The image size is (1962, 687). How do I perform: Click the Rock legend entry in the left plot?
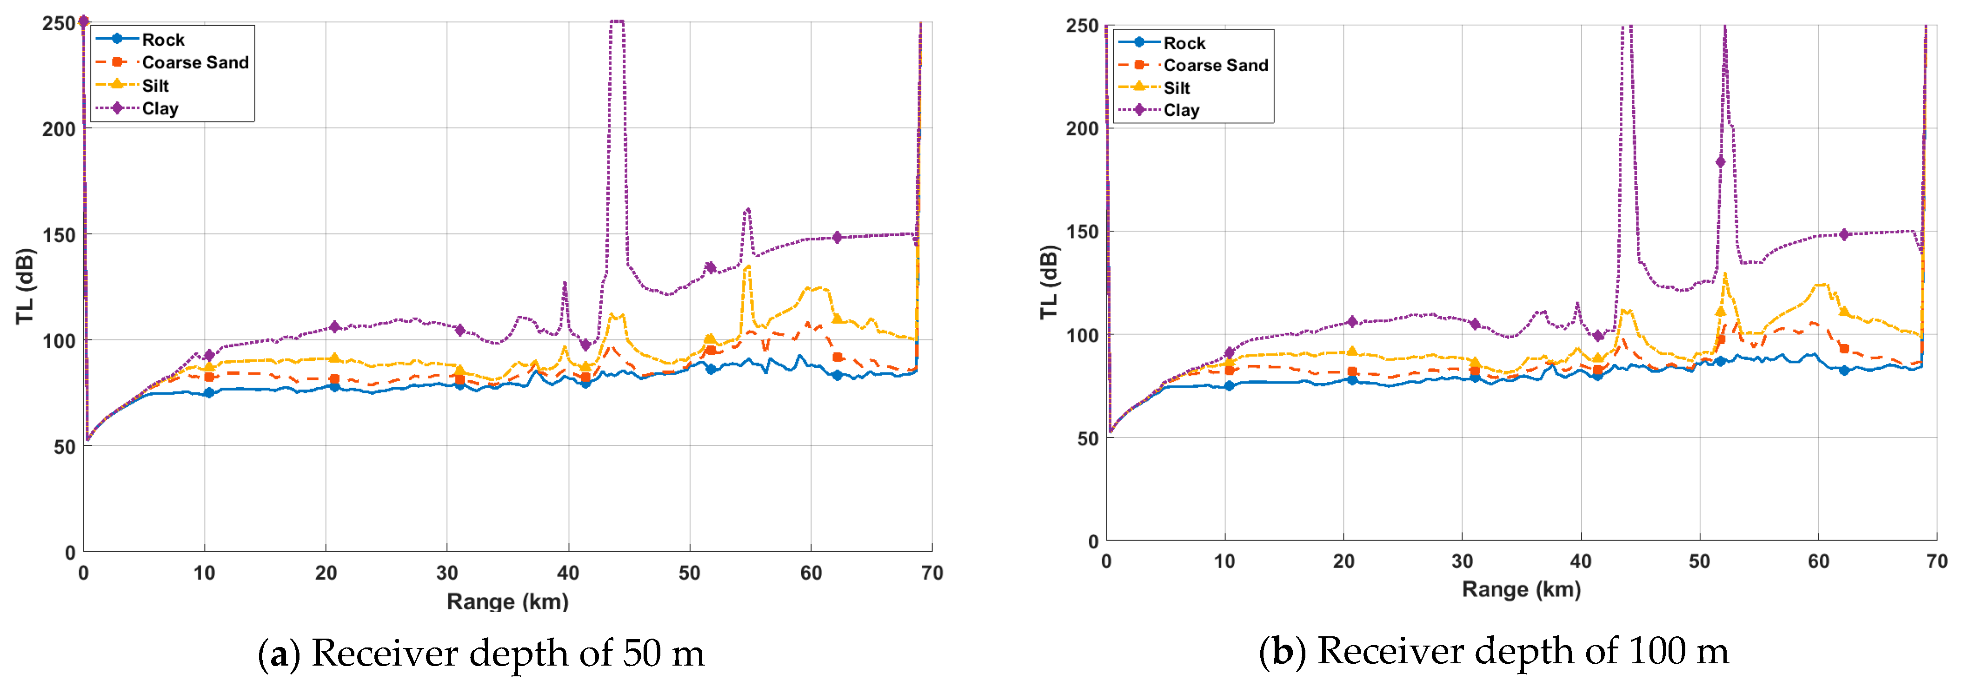162,40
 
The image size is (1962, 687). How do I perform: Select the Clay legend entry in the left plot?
160,109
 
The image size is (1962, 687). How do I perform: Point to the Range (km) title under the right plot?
1521,589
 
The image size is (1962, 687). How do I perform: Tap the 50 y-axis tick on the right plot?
1088,439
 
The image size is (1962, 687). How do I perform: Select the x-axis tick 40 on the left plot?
568,574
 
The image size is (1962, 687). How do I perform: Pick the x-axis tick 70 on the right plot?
1936,562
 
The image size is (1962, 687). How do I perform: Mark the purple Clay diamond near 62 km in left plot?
837,238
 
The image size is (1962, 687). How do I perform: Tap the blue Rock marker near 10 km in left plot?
209,393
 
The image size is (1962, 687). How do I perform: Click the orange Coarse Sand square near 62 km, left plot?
837,357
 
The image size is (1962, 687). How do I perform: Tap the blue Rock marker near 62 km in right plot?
1844,370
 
